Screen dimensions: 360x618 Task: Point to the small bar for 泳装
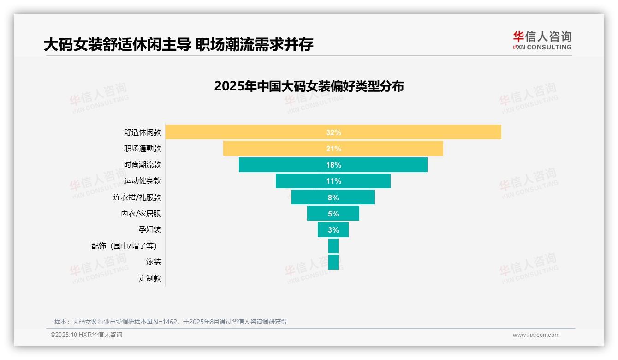(333, 262)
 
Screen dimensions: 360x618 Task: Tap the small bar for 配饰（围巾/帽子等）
(333, 246)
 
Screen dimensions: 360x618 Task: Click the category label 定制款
(150, 278)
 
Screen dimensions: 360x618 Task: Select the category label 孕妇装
(150, 229)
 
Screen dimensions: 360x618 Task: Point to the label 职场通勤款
(143, 149)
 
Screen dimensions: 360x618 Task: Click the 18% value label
(333, 165)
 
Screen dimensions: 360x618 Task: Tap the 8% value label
(333, 198)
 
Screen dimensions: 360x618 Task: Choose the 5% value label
(333, 214)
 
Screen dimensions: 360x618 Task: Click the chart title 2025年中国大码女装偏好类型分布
(309, 86)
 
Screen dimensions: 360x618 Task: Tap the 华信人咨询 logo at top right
(542, 41)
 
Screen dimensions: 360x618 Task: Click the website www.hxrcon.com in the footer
(536, 335)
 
